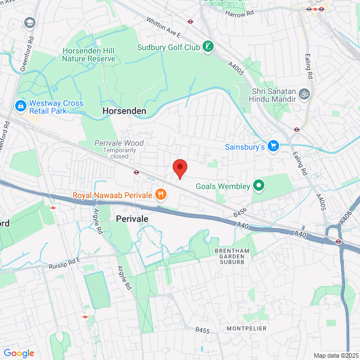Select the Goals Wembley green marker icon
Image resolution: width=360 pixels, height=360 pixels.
[x=259, y=185]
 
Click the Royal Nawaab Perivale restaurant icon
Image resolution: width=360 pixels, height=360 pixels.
[x=161, y=195]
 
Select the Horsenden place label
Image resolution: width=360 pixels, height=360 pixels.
[x=124, y=111]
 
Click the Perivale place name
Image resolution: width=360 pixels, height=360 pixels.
[x=132, y=218]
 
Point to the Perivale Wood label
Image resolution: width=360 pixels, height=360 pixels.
[x=119, y=143]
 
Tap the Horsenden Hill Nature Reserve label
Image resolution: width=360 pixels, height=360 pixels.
[x=88, y=54]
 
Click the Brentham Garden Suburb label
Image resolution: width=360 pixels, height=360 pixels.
[x=229, y=256]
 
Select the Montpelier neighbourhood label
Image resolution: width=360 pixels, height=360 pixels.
[x=246, y=328]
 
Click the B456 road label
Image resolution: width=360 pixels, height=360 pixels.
[x=241, y=214]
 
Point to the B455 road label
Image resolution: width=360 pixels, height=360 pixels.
[x=202, y=330]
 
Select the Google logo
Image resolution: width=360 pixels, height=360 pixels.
[x=19, y=353]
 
